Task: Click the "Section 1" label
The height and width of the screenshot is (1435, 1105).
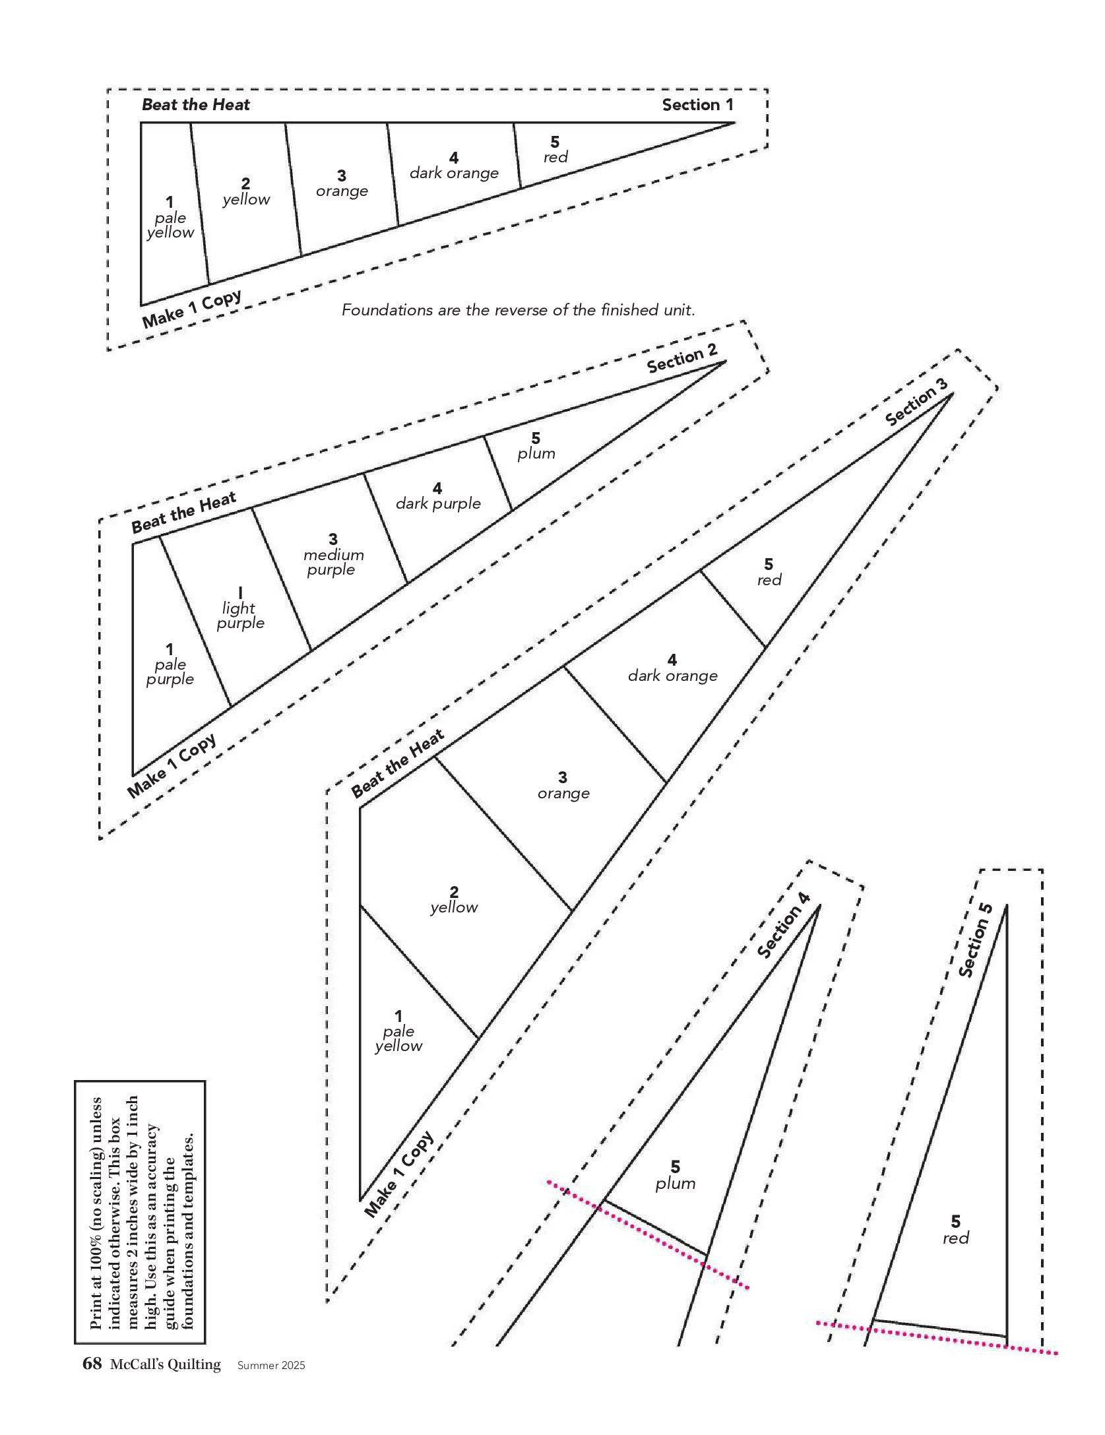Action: click(x=697, y=105)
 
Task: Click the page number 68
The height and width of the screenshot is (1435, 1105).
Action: click(x=92, y=1364)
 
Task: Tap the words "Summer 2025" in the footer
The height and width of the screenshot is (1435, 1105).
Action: click(x=271, y=1366)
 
